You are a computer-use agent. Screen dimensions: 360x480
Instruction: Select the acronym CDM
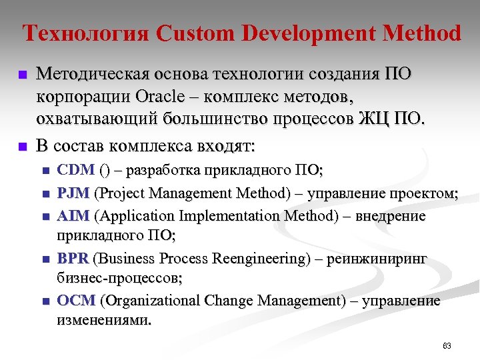pos(76,171)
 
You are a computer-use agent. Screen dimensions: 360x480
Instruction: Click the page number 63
pos(447,346)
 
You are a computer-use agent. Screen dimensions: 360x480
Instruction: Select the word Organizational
pos(151,301)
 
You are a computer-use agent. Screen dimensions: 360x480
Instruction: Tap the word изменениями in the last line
pos(104,321)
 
